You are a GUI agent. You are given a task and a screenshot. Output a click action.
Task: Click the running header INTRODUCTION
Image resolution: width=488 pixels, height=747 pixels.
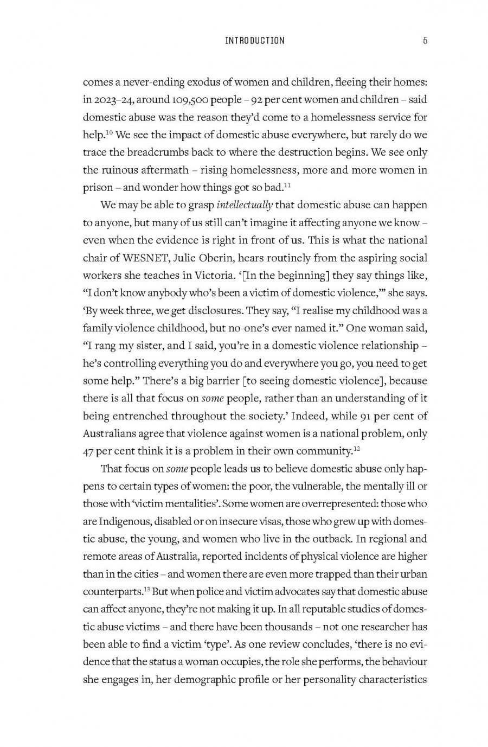click(254, 41)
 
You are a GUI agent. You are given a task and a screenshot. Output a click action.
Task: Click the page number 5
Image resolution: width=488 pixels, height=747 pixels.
click(425, 41)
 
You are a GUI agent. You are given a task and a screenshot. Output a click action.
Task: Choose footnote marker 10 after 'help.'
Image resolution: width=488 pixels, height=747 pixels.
click(109, 132)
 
